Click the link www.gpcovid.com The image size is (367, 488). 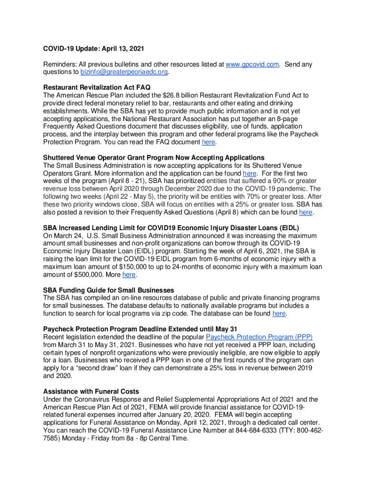[252, 64]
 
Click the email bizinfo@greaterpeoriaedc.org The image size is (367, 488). [124, 72]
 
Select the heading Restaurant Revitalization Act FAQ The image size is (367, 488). [97, 88]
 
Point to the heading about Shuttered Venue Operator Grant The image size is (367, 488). [153, 158]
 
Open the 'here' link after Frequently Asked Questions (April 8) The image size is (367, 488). [306, 212]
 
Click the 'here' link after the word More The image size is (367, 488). [129, 274]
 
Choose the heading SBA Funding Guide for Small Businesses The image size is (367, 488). [108, 290]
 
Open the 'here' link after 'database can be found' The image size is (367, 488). [279, 314]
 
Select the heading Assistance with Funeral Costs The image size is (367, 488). [91, 391]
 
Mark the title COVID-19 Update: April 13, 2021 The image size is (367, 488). [93, 49]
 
